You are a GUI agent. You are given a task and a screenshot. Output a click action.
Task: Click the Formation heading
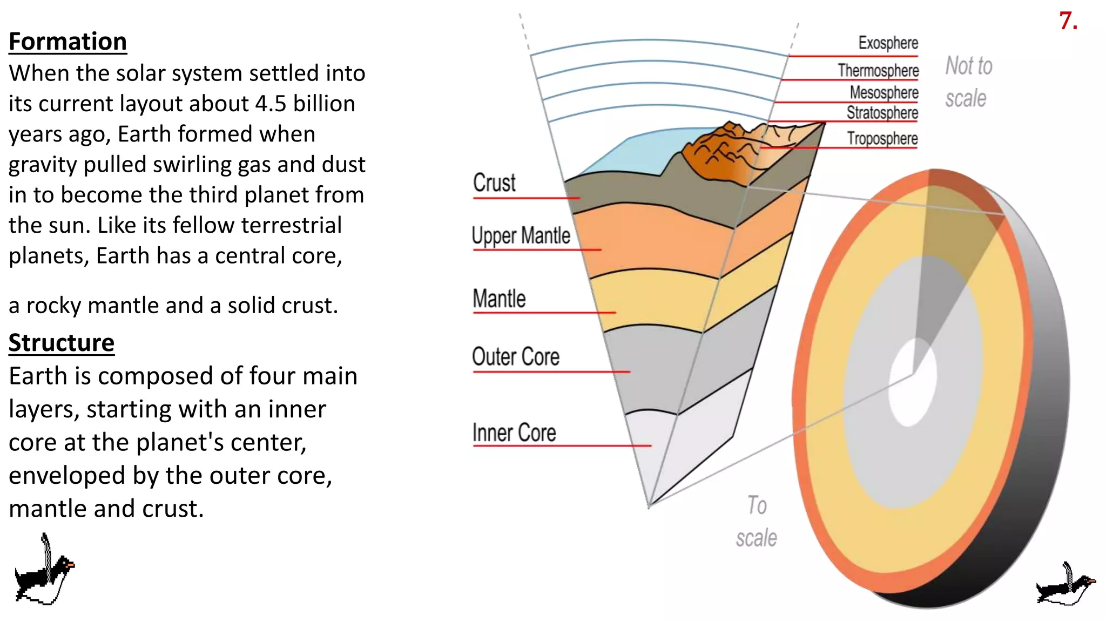click(x=68, y=42)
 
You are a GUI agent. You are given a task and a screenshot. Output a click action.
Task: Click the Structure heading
click(x=61, y=343)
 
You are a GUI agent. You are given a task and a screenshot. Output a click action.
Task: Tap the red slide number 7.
click(x=1068, y=22)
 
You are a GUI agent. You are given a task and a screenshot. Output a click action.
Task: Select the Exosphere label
click(x=888, y=43)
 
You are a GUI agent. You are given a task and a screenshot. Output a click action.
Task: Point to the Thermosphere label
click(x=878, y=70)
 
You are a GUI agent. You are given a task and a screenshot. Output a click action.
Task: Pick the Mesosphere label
click(x=884, y=92)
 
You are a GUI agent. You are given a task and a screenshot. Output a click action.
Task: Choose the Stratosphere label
click(x=882, y=113)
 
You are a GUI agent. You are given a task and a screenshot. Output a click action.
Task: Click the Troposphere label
click(x=882, y=138)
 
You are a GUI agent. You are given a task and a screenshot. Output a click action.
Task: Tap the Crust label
click(x=494, y=183)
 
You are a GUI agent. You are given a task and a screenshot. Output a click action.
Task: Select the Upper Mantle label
click(x=521, y=236)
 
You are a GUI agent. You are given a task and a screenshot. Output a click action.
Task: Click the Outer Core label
click(x=515, y=357)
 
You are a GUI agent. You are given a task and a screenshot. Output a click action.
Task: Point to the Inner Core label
click(x=514, y=433)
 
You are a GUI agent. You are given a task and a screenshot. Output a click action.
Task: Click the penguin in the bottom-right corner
click(x=1065, y=586)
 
